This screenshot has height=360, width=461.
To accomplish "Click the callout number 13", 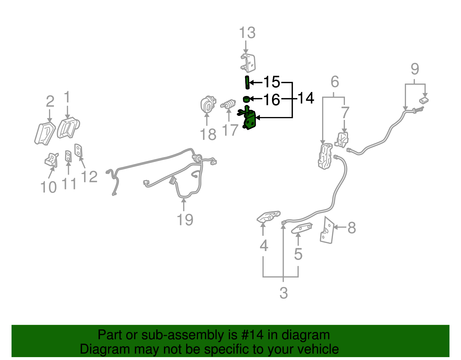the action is click(x=247, y=33).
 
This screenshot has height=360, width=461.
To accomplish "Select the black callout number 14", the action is click(x=306, y=98).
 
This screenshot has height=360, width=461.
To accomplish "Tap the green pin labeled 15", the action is click(x=247, y=82).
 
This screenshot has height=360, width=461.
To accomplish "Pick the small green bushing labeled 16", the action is click(x=246, y=99).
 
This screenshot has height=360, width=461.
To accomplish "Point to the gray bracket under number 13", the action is click(x=248, y=63).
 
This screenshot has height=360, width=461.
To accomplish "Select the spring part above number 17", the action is click(x=228, y=104).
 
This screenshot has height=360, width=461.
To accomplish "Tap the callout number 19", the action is click(x=185, y=220).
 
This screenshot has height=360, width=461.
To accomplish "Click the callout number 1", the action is click(x=67, y=97).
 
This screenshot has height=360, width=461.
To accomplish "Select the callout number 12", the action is click(x=89, y=176).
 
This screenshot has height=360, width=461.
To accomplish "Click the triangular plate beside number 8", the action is click(x=327, y=230).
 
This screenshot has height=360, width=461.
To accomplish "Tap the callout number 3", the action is click(x=284, y=293).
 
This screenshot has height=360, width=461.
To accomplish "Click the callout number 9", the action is click(x=415, y=69).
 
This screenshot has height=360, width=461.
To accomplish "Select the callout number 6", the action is click(x=335, y=82).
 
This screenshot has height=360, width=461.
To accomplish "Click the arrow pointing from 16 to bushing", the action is click(x=256, y=99).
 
